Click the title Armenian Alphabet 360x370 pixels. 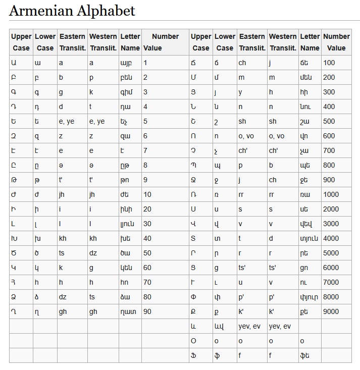(72, 11)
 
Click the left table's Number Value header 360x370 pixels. (165, 42)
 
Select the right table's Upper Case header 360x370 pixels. (201, 42)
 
